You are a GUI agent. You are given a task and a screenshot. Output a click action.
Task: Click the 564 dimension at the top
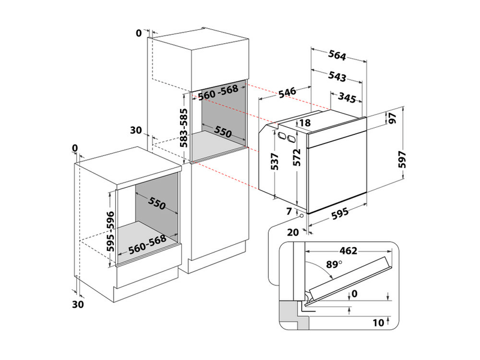(x=338, y=56)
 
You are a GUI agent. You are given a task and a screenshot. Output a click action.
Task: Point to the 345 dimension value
(x=349, y=97)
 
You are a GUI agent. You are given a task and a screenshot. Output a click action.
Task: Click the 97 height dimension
(x=394, y=118)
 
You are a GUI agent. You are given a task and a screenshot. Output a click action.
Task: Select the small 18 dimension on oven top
(x=304, y=123)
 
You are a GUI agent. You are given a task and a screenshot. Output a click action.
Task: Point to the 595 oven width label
(x=340, y=215)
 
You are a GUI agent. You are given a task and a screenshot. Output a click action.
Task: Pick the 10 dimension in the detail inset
(x=377, y=323)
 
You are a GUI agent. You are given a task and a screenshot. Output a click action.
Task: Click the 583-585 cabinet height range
(x=184, y=127)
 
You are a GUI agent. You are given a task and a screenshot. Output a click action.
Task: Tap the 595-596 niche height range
(x=111, y=230)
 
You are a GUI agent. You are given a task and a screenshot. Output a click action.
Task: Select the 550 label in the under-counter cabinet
(x=156, y=203)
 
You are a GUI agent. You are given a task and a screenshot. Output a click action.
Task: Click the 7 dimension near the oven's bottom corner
(x=289, y=211)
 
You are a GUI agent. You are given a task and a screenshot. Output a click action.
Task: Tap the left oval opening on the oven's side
(x=281, y=136)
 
